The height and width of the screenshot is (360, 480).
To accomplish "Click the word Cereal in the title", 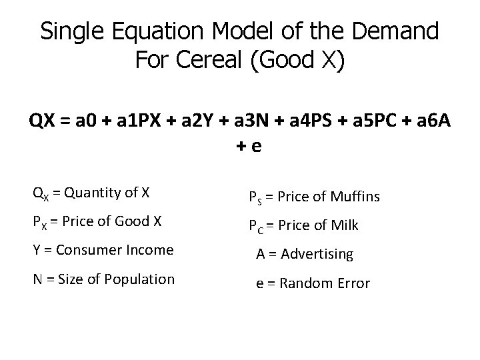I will (x=216, y=60).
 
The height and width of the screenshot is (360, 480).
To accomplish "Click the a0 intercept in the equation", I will (x=85, y=122).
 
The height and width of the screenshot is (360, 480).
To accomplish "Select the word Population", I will (x=141, y=279).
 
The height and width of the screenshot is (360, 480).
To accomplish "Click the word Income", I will (x=150, y=250).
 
